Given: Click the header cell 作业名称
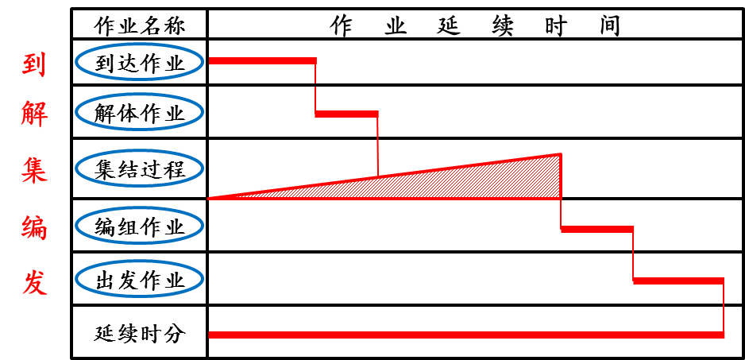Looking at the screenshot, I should coord(139,25).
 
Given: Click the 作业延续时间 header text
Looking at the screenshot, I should coord(475,25).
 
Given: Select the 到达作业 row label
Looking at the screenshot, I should coord(139,64).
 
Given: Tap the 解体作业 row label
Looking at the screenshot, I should coord(139,113).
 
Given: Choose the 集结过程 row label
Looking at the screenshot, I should coord(139,168).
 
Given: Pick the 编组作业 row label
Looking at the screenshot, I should coord(139,226).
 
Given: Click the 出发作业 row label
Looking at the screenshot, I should coord(139,280).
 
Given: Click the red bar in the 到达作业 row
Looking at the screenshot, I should coord(262,60).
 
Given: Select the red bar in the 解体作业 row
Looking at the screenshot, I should coord(346,114).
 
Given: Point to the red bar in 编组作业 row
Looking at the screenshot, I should coord(597,229).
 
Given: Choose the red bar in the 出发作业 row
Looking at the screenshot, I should coord(678,281).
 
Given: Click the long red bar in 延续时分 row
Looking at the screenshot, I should coord(465,335).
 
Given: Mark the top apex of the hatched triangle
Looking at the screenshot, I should coord(560,154).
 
